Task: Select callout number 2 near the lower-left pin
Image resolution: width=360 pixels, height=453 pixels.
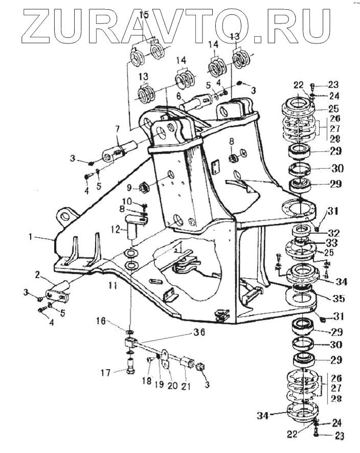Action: click(x=38, y=275)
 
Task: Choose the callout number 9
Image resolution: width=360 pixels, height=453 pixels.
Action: click(x=129, y=186)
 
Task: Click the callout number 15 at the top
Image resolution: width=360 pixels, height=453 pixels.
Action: click(x=144, y=15)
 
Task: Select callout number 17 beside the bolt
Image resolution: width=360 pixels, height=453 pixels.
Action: click(x=106, y=372)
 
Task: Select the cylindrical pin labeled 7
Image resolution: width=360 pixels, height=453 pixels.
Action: click(x=122, y=151)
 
